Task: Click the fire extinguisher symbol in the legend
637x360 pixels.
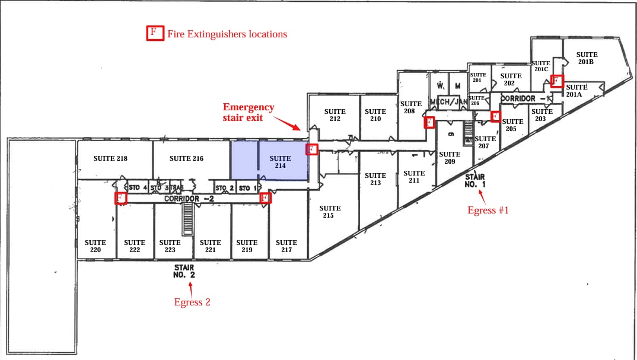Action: coord(154,33)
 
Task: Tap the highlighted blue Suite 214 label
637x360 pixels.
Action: coord(280,162)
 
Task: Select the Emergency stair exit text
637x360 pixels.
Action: coord(249,112)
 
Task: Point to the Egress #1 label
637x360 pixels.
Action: coord(488,210)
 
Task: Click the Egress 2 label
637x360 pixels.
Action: coord(192,302)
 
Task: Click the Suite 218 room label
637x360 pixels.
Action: coord(110,158)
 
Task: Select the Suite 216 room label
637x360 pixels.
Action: coord(186,158)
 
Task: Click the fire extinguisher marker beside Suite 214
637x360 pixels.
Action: coord(311,149)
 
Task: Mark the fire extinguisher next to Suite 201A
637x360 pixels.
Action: coord(556,81)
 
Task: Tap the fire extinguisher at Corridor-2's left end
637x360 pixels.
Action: coord(121,198)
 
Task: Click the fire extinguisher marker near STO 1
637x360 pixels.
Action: coord(266,198)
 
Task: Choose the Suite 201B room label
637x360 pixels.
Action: coord(587,58)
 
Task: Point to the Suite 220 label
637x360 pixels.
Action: coord(95,246)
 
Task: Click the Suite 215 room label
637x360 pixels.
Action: coord(330,211)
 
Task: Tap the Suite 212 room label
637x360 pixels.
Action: coord(335,115)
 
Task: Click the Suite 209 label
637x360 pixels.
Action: coord(450,158)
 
